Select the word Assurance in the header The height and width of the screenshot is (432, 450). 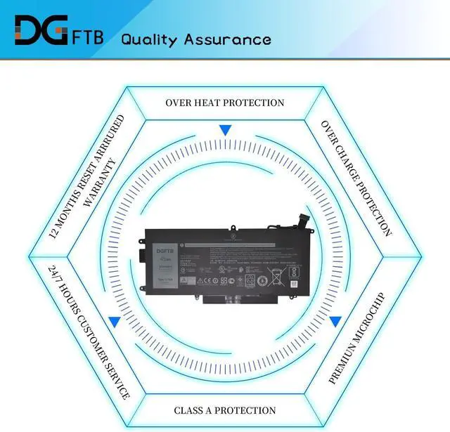[227, 39]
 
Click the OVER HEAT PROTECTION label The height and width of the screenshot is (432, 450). [225, 103]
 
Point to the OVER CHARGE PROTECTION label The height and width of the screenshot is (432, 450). [356, 178]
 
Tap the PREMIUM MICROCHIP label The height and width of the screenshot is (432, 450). [358, 338]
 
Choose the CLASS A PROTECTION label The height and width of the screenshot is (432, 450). [225, 410]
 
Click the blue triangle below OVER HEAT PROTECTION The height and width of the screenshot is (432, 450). [225, 130]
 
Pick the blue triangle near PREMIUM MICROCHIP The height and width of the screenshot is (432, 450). [335, 322]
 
